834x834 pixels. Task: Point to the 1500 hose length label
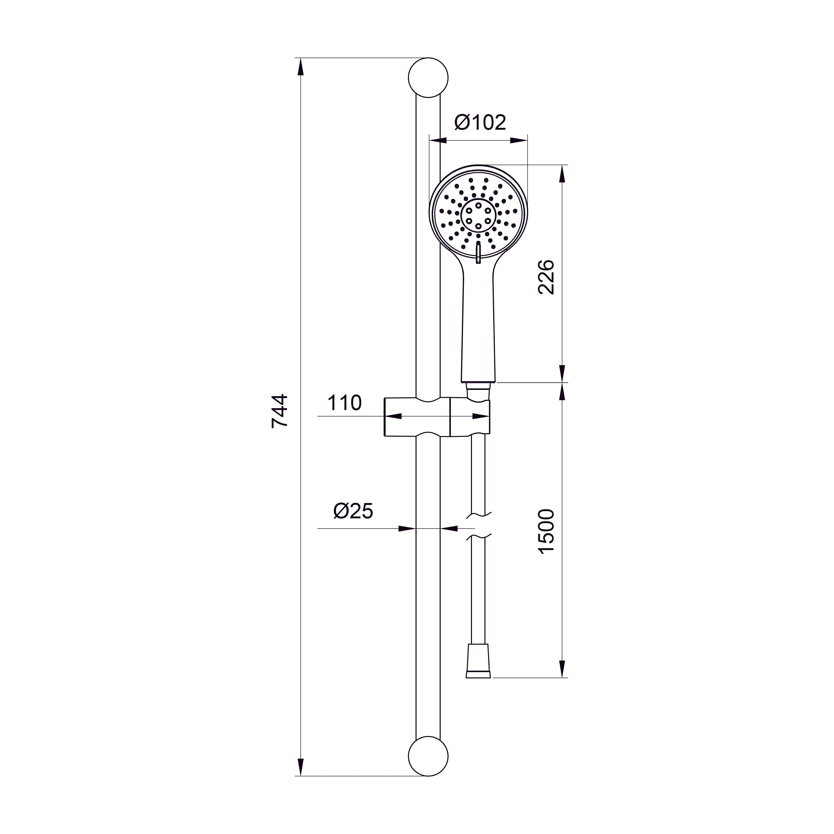click(547, 531)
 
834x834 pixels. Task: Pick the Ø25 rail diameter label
click(353, 511)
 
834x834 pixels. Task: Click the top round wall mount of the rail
click(428, 78)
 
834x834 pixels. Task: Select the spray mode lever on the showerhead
click(478, 253)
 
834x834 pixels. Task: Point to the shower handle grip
click(478, 328)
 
